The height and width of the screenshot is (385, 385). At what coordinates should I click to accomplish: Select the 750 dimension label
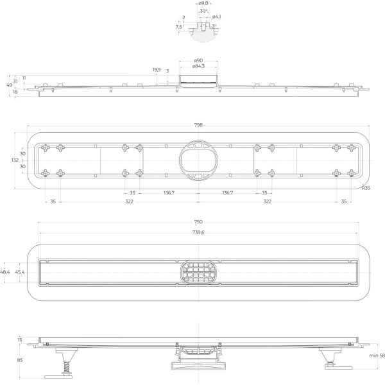pyautogui.click(x=198, y=222)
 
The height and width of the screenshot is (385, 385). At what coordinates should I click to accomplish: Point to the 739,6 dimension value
pyautogui.click(x=198, y=232)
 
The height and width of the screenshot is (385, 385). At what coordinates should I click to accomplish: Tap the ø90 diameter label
pyautogui.click(x=198, y=61)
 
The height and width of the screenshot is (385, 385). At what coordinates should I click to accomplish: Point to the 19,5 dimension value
pyautogui.click(x=156, y=70)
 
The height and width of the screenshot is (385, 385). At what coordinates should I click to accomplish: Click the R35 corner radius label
pyautogui.click(x=366, y=188)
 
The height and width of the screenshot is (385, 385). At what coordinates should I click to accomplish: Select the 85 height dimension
pyautogui.click(x=20, y=361)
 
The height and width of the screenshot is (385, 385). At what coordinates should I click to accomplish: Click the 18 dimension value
pyautogui.click(x=15, y=92)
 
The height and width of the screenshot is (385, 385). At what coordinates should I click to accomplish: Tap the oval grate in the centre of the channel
pyautogui.click(x=198, y=272)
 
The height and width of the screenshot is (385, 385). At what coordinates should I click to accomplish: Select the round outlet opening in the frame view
pyautogui.click(x=198, y=160)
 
